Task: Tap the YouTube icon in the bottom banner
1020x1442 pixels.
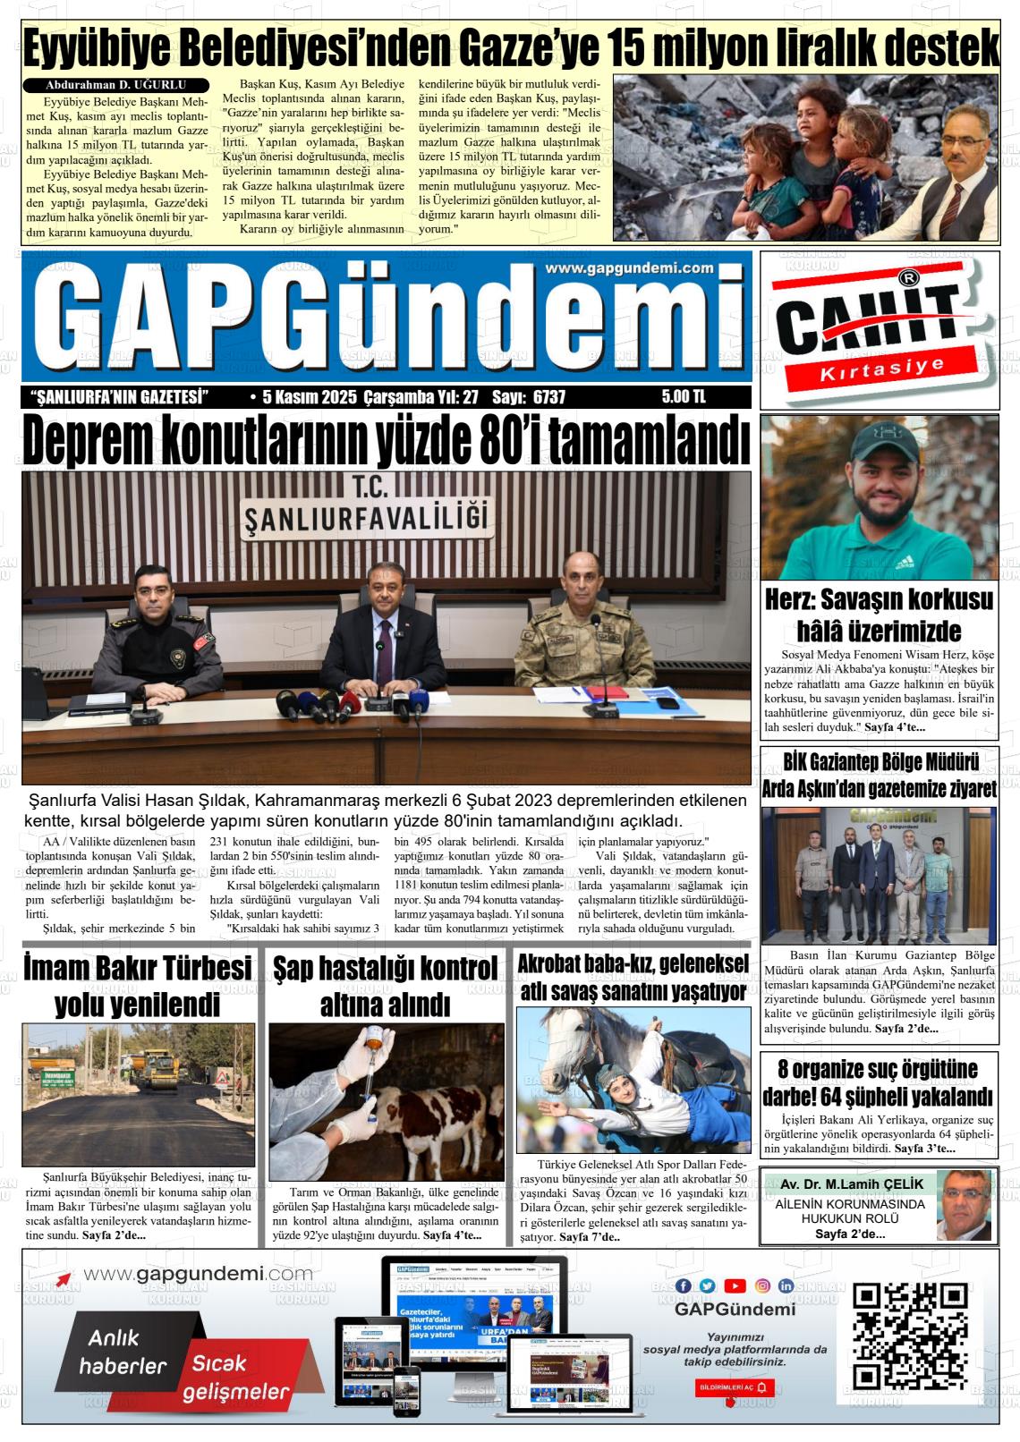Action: click(735, 1285)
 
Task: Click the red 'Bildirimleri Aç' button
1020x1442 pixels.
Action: click(735, 1387)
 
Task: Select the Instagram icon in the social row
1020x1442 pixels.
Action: click(762, 1285)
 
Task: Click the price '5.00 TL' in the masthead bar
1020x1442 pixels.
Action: click(684, 397)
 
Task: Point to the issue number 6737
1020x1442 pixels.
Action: click(548, 397)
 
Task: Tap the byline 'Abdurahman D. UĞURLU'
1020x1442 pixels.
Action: click(109, 85)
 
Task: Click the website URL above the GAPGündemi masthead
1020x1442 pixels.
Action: click(629, 267)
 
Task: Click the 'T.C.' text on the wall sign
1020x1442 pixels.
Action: click(367, 488)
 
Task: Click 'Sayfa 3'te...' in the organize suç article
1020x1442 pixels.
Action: click(924, 1148)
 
